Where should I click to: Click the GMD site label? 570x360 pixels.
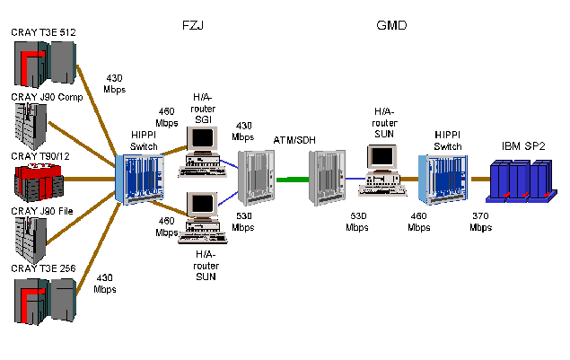point(391,26)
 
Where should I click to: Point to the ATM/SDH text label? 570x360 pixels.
point(296,139)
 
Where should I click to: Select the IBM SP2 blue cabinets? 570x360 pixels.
point(517,180)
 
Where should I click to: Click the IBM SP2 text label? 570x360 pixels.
point(524,145)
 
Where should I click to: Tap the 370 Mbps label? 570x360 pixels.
point(481,222)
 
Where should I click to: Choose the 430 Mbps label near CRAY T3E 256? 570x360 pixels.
point(105,284)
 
